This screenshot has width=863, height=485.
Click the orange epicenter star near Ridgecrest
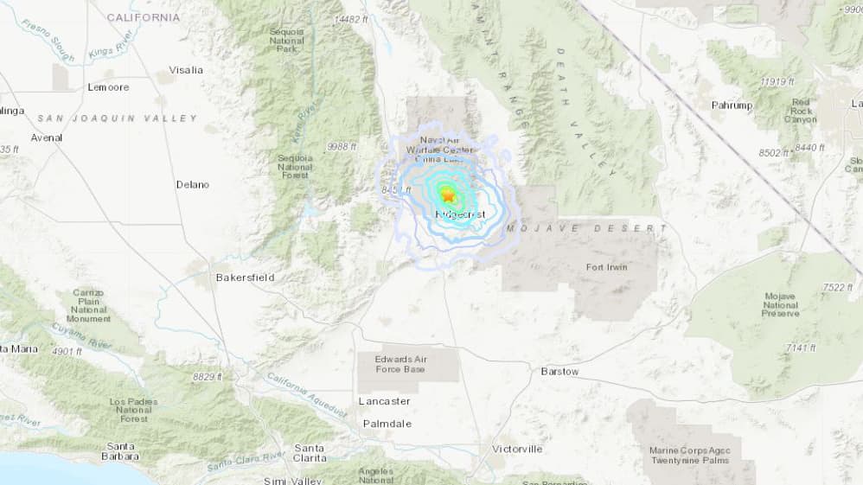tap(447, 195)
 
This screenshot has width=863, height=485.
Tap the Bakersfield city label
tap(246, 278)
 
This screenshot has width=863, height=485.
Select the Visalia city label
tap(186, 70)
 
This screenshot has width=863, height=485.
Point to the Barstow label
tap(559, 371)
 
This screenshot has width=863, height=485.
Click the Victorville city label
tap(517, 449)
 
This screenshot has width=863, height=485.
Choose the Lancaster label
tap(385, 401)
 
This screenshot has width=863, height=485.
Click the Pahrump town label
tap(732, 105)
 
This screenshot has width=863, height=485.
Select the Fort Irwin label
tap(607, 267)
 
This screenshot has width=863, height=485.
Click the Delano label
tap(193, 184)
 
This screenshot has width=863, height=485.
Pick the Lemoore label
tap(108, 87)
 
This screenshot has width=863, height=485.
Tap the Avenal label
tap(47, 137)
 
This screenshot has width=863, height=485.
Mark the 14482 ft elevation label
tap(351, 18)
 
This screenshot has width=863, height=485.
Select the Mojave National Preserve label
tap(780, 304)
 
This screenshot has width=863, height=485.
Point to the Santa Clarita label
tap(310, 452)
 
